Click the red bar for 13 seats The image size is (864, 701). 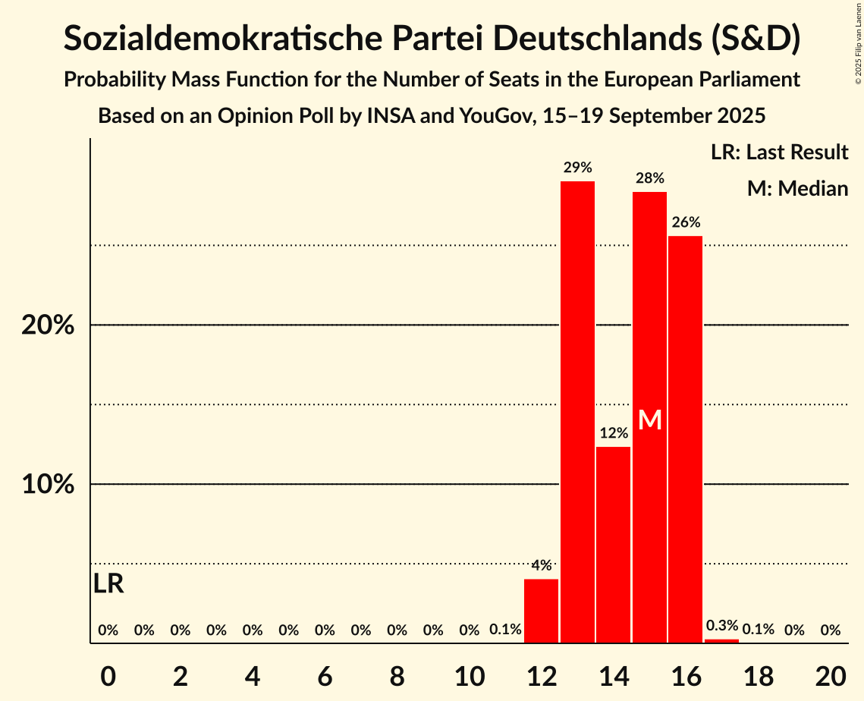577,412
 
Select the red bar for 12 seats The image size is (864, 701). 541,611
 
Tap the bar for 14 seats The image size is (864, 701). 613,545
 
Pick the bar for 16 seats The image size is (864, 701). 685,439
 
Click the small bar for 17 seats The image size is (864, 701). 721,641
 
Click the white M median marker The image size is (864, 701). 650,420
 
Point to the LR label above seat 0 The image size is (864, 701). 108,584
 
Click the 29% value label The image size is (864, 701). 577,168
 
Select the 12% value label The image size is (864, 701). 613,433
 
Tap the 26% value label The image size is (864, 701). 685,222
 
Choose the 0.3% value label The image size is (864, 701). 721,626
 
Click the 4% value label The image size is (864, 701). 541,565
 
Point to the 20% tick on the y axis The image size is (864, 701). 48,325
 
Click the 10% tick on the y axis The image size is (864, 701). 48,484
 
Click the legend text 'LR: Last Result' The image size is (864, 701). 779,152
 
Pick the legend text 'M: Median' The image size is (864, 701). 797,188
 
